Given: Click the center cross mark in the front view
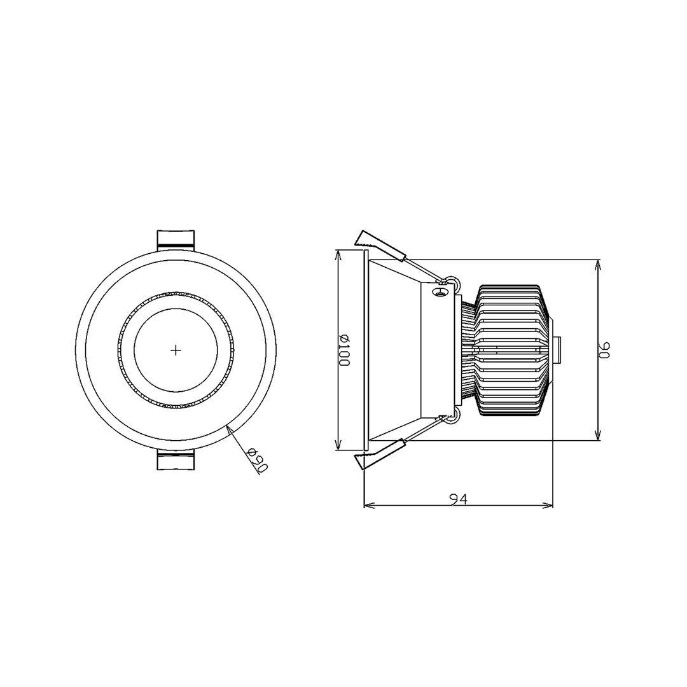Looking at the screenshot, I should pos(176,350).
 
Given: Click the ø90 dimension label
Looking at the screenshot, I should pos(258,459).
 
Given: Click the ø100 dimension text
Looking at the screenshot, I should pos(343,350).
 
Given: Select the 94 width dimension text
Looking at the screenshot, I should pos(458,499).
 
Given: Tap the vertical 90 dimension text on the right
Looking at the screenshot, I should pos(604,350).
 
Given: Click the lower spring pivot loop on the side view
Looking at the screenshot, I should pos(452,417).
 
